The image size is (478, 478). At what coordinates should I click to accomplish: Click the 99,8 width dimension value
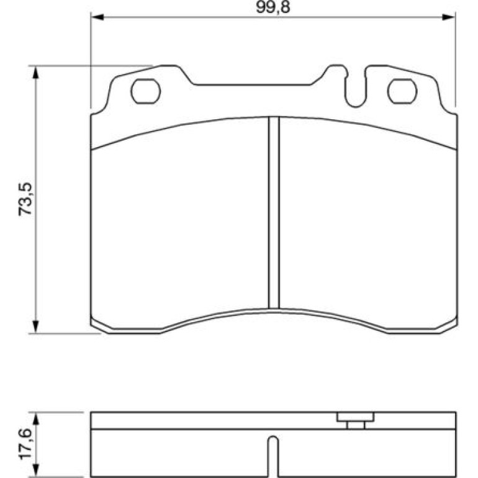(273, 7)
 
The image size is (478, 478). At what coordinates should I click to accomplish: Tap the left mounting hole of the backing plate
(146, 91)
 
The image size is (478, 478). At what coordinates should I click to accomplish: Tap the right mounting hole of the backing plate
(402, 91)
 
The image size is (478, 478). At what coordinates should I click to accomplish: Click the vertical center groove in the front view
(274, 212)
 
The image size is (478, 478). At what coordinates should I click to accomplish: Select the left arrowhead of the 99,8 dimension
(97, 17)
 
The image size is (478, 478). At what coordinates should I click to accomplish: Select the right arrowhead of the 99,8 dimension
(448, 17)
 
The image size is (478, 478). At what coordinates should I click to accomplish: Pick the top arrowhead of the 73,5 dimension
(36, 73)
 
